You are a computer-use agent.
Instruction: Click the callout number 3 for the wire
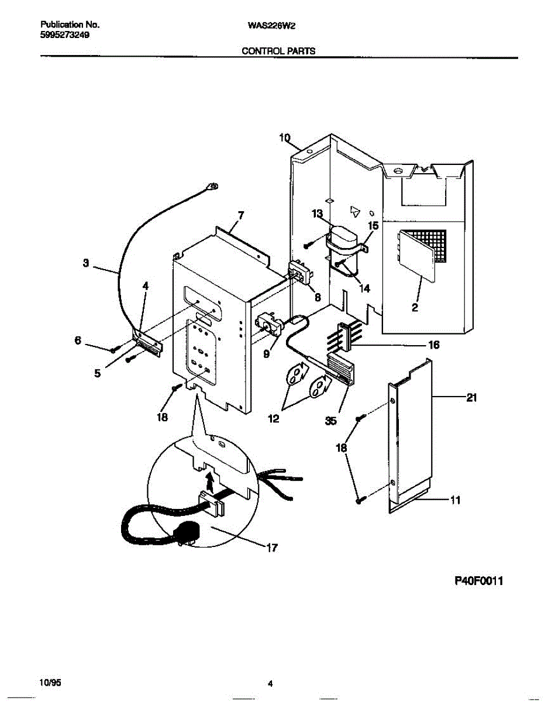click(x=86, y=264)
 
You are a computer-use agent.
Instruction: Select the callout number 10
click(x=285, y=139)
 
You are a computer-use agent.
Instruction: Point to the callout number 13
click(x=317, y=215)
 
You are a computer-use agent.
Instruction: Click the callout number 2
click(x=415, y=308)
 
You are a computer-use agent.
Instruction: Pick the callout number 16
click(x=433, y=345)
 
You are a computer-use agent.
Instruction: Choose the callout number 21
click(x=472, y=398)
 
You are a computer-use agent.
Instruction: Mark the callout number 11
click(x=456, y=500)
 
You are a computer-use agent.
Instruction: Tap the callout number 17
click(x=271, y=548)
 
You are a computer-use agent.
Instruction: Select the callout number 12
click(x=274, y=419)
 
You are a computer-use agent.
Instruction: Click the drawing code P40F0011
click(x=479, y=581)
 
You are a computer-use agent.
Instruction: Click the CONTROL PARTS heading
click(x=279, y=51)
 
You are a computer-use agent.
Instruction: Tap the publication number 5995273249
click(x=65, y=35)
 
